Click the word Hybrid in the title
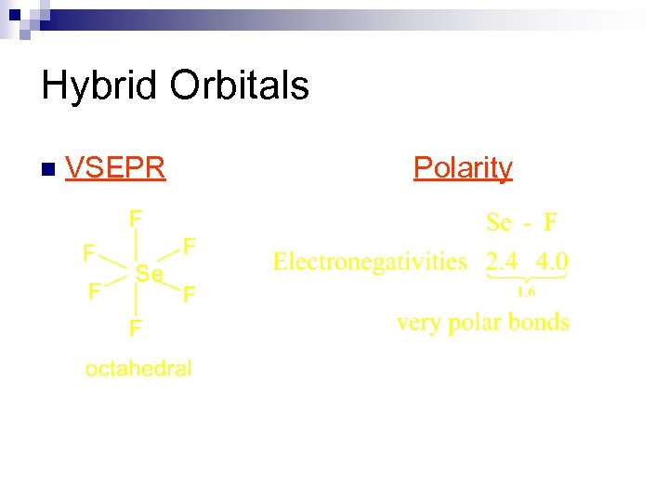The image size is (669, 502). (99, 86)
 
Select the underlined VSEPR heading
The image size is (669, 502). (116, 167)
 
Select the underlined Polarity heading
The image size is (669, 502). (463, 167)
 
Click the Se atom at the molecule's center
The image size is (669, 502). (149, 273)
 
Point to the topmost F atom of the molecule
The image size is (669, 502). (136, 218)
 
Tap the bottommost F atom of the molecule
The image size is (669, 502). (136, 328)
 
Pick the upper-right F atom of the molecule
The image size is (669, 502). (189, 245)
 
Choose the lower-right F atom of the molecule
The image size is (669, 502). (189, 296)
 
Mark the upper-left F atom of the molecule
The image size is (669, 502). (89, 252)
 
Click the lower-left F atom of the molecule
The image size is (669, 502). (94, 292)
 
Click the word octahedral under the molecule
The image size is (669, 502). (138, 368)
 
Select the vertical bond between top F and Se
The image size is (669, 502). (137, 245)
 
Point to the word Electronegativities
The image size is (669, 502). (370, 261)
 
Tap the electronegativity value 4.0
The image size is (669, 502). (552, 261)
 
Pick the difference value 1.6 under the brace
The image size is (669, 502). (526, 292)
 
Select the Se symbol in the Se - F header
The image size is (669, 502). (499, 222)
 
